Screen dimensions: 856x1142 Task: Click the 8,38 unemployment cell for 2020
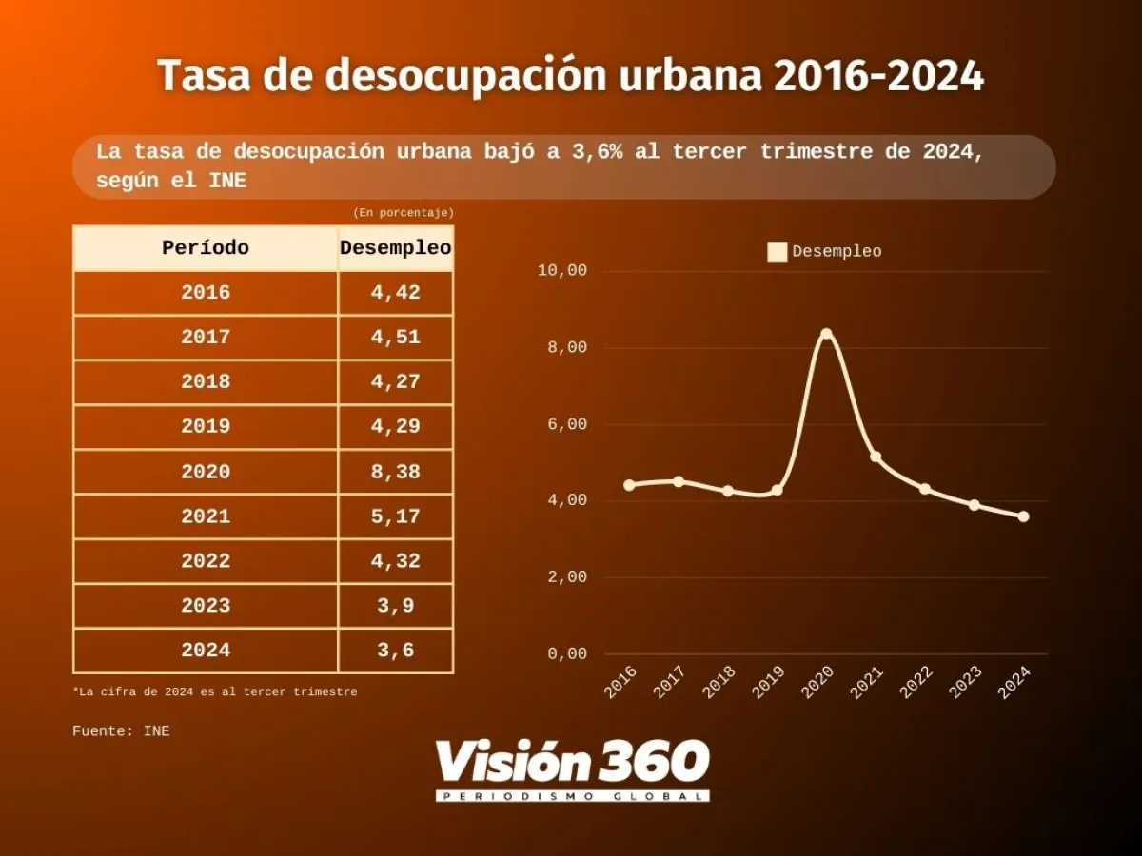(x=395, y=472)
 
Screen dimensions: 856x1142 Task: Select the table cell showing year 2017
(x=206, y=338)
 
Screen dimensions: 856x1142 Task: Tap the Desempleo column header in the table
(x=395, y=248)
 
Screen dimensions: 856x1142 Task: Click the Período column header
(x=206, y=248)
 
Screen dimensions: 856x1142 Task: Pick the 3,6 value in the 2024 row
(x=395, y=651)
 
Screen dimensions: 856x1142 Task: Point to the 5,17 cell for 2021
(x=395, y=516)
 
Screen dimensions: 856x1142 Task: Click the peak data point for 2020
(x=826, y=334)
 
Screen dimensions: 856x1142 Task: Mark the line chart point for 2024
(x=1023, y=516)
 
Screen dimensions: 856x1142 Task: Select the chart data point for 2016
(x=629, y=485)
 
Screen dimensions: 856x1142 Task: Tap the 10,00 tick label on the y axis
(x=562, y=271)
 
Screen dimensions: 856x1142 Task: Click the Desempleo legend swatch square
(x=778, y=252)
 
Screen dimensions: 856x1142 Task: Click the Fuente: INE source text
(x=121, y=731)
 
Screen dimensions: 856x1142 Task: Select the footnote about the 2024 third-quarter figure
(x=215, y=691)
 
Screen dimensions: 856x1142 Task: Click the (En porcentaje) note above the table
(x=404, y=212)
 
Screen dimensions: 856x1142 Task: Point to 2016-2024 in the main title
(x=878, y=76)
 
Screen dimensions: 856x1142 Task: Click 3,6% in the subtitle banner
(x=589, y=152)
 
